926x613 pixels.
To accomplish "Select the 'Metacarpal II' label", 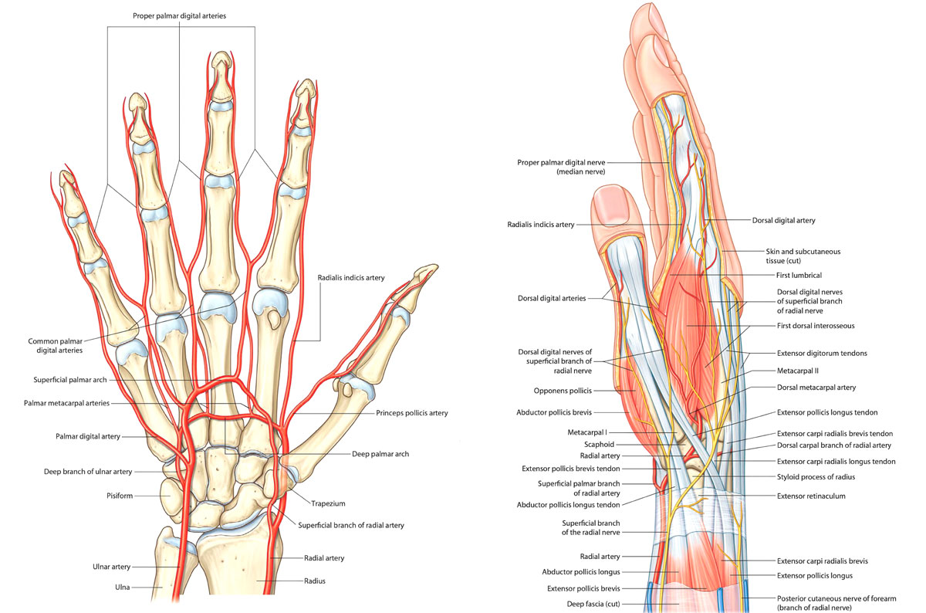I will tap(796, 371).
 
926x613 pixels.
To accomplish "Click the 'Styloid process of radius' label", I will tap(816, 477).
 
